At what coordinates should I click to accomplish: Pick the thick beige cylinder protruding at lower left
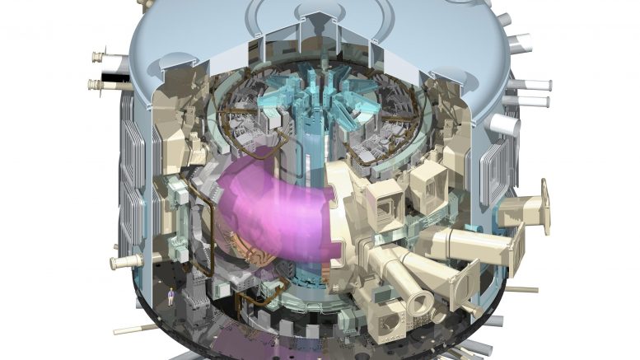tap(124, 262)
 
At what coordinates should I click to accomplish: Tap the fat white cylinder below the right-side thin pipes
tap(502, 124)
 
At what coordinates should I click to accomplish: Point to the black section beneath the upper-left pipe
tap(110, 74)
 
